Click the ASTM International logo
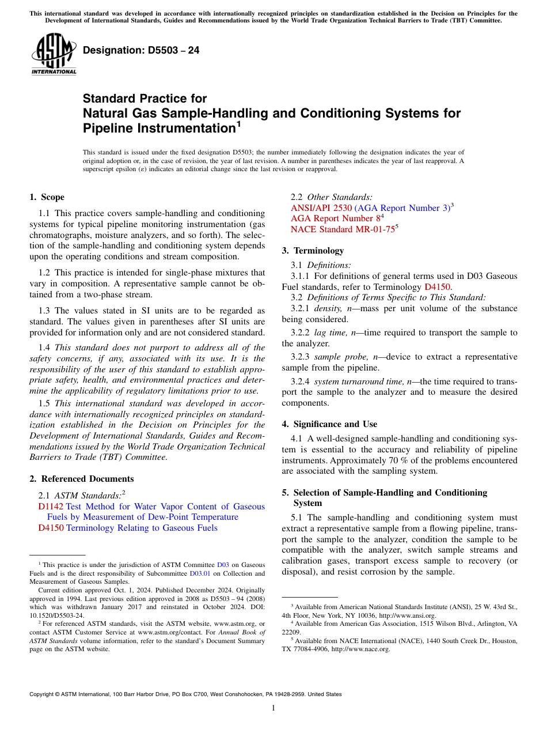[54, 55]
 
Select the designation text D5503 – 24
[141, 51]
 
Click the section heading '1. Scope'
[47, 197]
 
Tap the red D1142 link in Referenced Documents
[51, 507]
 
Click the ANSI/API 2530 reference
[321, 208]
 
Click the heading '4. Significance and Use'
[329, 424]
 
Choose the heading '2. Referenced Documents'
[81, 479]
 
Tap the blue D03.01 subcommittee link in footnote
[199, 573]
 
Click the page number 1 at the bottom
[273, 708]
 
